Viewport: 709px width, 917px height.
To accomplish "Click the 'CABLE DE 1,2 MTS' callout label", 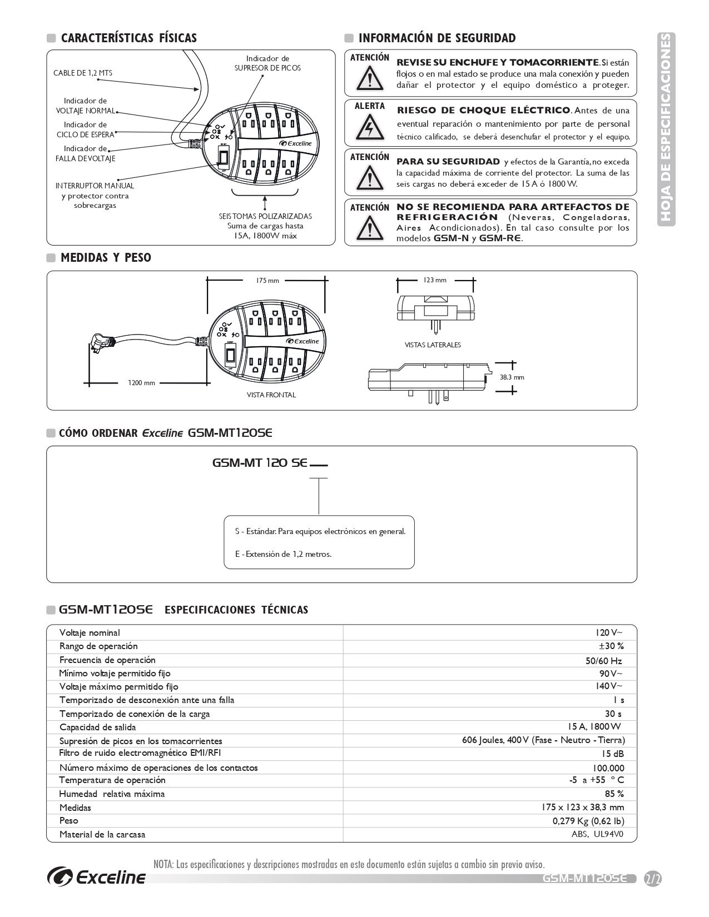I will pyautogui.click(x=82, y=73).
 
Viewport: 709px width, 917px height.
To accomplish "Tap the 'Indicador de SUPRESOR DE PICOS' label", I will pyautogui.click(x=267, y=63).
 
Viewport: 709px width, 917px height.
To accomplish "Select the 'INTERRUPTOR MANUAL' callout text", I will pyautogui.click(x=95, y=186).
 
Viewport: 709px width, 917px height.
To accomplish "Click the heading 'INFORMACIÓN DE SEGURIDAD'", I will pyautogui.click(x=437, y=38).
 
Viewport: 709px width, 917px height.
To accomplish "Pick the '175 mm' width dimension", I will pyautogui.click(x=267, y=281).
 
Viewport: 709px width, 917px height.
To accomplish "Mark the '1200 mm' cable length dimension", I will pyautogui.click(x=141, y=383).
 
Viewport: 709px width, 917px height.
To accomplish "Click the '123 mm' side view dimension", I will pyautogui.click(x=435, y=280).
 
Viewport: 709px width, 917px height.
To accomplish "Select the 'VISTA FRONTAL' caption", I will pyautogui.click(x=271, y=395).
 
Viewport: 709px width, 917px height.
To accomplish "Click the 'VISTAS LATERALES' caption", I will pyautogui.click(x=433, y=345).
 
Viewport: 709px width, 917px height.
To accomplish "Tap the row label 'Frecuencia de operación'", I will pyautogui.click(x=107, y=660).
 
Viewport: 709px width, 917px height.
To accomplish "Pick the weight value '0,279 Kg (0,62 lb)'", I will pyautogui.click(x=588, y=821).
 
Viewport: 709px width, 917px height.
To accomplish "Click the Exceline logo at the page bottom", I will pyautogui.click(x=97, y=876).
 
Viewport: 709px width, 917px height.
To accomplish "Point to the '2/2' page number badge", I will pyautogui.click(x=652, y=879).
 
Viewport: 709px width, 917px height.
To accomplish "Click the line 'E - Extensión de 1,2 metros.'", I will pyautogui.click(x=283, y=554).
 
